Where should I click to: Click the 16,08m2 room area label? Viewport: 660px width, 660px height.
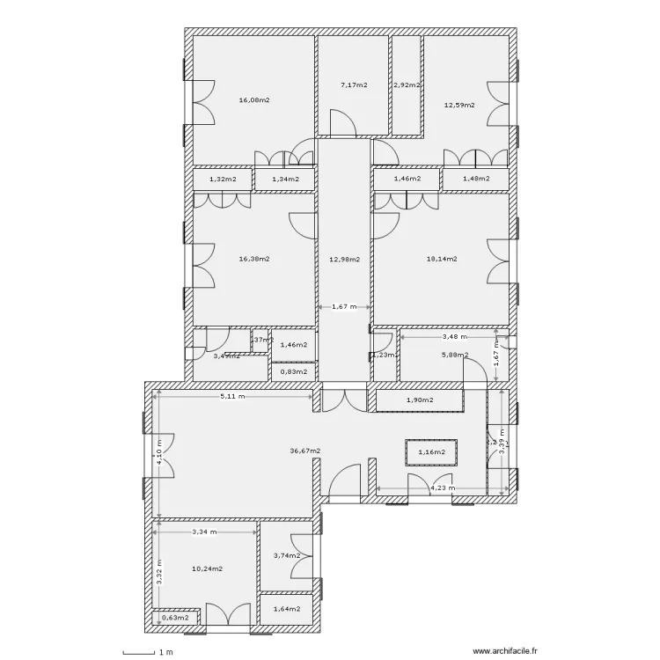[x=254, y=100]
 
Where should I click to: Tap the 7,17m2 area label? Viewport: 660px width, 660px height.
[x=354, y=85]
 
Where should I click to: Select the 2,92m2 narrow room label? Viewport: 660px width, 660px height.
[x=407, y=85]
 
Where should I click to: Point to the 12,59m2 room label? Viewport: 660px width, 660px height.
[x=459, y=105]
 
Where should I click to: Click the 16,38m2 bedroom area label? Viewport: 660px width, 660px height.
[x=254, y=259]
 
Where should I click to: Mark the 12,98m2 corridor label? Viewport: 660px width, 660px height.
[x=345, y=259]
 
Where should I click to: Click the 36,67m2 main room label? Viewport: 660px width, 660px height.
[x=305, y=451]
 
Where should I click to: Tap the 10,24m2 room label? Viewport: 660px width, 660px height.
[x=207, y=568]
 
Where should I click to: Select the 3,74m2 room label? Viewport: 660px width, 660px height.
[x=287, y=555]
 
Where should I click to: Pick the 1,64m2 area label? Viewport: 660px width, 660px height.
[x=287, y=608]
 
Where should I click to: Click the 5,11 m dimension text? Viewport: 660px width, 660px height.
[x=232, y=396]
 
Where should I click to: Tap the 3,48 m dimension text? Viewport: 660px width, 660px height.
[x=454, y=336]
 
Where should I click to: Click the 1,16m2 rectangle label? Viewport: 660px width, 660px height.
[x=431, y=452]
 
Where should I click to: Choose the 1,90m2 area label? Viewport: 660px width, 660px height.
[x=419, y=401]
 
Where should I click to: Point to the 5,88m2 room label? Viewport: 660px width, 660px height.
[x=454, y=355]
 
